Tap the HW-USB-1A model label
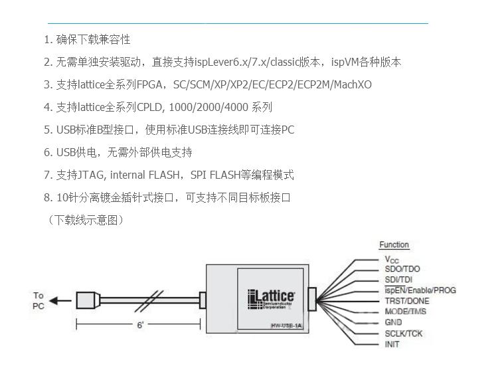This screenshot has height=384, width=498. tap(286, 326)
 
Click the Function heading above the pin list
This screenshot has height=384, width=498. tap(394, 244)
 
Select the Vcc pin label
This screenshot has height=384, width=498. tap(392, 260)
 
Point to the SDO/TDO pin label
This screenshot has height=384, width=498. tap(402, 269)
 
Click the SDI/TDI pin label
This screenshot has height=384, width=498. tap(398, 280)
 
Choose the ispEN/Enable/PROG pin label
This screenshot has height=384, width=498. tap(420, 290)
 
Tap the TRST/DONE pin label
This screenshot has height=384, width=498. tap(407, 301)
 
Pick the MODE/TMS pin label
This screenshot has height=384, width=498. tap(405, 312)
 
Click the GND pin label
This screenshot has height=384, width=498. tap(393, 322)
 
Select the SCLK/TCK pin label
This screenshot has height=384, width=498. tap(403, 334)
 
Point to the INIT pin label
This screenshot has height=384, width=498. tap(392, 344)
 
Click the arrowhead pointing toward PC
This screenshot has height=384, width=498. tap(54, 300)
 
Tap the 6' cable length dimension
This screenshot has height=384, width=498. tap(140, 325)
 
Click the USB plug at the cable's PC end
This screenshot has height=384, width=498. tap(88, 300)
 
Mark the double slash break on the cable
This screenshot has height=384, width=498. tap(149, 301)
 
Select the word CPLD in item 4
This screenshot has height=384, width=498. tap(149, 108)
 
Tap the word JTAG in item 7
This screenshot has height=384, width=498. tap(91, 175)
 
